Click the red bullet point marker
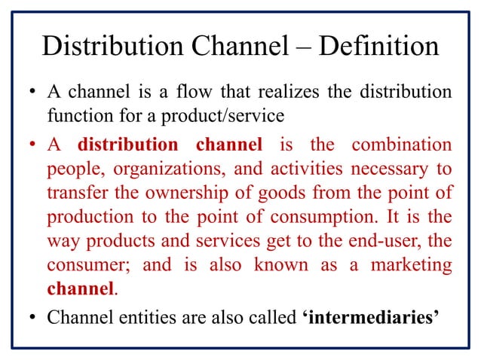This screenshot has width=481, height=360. (32, 144)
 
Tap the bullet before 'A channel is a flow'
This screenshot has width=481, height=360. (32, 96)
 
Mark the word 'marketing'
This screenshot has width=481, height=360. (408, 265)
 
